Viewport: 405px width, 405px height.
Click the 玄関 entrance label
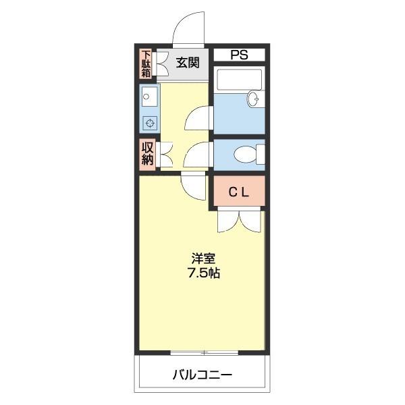coord(188,63)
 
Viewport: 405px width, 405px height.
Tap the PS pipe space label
coord(239,54)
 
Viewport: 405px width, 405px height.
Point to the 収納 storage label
coord(146,154)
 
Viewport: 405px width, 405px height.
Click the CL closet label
coord(238,192)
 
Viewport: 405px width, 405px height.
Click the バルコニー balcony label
coord(202,374)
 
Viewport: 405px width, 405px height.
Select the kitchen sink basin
coord(148,97)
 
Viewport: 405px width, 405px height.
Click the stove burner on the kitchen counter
coord(148,122)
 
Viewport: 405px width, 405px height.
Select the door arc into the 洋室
coord(193,185)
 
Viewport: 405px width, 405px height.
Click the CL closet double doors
coord(239,220)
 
